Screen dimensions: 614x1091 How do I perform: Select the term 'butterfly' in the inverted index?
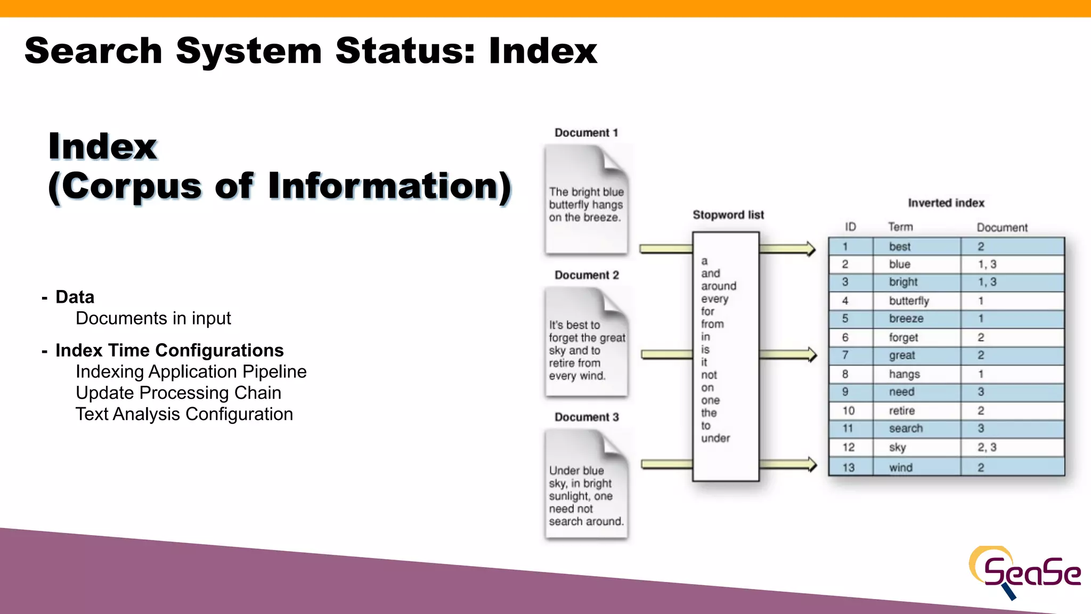pos(909,301)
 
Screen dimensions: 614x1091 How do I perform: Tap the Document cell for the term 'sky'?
pos(987,448)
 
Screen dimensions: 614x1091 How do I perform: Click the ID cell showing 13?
pos(848,467)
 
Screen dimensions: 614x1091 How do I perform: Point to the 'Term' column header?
pos(900,227)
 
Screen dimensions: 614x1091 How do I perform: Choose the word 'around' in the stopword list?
pos(718,286)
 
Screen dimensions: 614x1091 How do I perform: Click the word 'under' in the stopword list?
pos(715,438)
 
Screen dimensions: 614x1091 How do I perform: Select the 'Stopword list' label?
pos(728,215)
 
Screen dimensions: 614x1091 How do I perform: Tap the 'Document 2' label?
pos(587,275)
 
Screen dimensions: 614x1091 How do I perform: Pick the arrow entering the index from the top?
pos(787,249)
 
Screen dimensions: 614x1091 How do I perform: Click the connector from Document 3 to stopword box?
pos(666,464)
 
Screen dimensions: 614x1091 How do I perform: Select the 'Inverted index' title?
pos(946,203)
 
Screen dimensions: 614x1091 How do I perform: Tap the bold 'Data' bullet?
pos(75,297)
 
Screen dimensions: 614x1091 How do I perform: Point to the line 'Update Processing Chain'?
pos(178,393)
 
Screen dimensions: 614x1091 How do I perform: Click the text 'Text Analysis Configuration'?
pos(184,414)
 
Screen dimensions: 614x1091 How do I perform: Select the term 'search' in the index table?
pos(906,429)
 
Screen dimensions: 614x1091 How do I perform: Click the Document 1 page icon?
pos(586,200)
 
